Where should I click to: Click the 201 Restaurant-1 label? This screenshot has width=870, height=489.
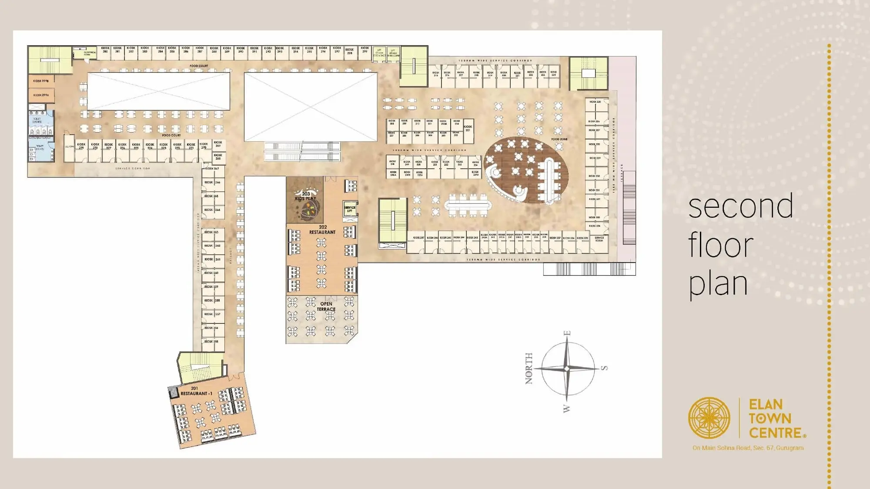196,391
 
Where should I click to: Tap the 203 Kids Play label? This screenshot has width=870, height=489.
306,196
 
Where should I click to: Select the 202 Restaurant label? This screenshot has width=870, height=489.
322,230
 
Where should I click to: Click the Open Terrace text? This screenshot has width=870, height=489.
326,306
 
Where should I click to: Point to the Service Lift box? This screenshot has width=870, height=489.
350,209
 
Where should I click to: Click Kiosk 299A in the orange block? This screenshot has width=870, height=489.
41,95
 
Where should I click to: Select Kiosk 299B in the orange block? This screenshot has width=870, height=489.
41,81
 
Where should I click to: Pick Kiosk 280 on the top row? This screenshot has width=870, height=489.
105,50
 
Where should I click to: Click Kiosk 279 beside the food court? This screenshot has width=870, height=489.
81,146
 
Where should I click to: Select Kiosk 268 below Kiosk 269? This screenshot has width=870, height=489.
218,156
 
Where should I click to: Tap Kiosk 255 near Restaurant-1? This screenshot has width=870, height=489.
212,342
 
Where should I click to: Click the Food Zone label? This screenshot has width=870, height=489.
559,139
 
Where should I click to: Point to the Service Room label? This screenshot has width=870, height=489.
599,239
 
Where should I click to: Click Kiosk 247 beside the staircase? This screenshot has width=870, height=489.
418,238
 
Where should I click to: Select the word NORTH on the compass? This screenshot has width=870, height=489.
529,368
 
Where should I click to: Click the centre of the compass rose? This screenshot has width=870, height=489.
567,369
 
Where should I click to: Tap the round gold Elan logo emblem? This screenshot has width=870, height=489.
709,418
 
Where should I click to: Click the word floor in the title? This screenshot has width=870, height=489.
720,246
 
